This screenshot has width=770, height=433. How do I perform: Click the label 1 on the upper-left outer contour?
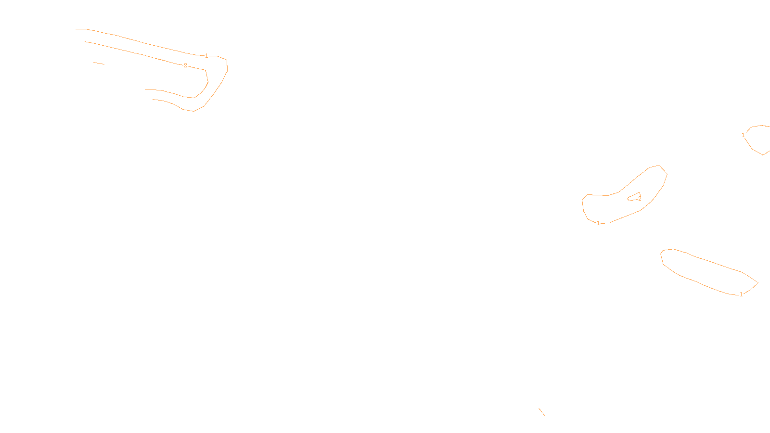point(206,56)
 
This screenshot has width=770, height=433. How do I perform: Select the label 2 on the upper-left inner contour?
point(185,65)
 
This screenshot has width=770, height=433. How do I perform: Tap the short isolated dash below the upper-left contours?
point(99,63)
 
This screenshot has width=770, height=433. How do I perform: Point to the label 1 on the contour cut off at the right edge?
point(743,135)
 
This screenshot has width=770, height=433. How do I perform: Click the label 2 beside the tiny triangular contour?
point(640,199)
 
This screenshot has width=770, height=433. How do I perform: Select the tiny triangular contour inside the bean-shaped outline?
point(633,197)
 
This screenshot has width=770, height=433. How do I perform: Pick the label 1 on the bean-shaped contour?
point(598,223)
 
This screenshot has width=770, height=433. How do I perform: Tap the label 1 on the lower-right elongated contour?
point(741,294)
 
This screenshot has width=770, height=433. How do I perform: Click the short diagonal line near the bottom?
point(541,411)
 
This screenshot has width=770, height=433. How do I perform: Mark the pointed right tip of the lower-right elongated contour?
point(758,282)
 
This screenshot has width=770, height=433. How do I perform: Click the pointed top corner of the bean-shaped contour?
point(659,166)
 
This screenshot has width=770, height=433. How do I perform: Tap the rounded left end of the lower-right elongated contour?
point(662,255)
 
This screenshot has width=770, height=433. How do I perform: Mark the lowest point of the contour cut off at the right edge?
point(763,155)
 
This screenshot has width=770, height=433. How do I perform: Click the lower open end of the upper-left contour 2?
point(145,89)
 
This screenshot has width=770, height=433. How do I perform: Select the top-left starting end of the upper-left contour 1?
point(76,29)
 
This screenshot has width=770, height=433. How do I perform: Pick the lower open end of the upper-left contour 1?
point(153,100)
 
